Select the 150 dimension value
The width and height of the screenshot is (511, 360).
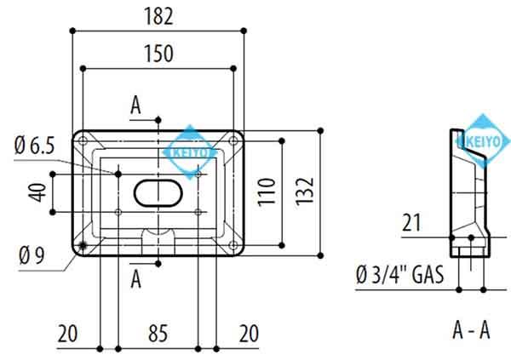(159, 53)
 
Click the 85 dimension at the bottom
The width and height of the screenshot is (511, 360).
(159, 333)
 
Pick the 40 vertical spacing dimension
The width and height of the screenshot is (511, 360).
(37, 192)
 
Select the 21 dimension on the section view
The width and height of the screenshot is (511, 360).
(413, 223)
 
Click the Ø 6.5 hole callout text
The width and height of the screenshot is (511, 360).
(34, 146)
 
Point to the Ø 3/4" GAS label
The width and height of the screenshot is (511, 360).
(399, 274)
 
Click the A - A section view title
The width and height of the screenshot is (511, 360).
(471, 330)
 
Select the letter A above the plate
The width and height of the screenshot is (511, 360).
(135, 106)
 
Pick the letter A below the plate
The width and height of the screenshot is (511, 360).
(135, 278)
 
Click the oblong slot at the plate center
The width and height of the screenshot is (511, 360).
(158, 192)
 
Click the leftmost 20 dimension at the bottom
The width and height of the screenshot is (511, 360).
(68, 333)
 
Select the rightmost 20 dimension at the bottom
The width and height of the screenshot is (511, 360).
(249, 333)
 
